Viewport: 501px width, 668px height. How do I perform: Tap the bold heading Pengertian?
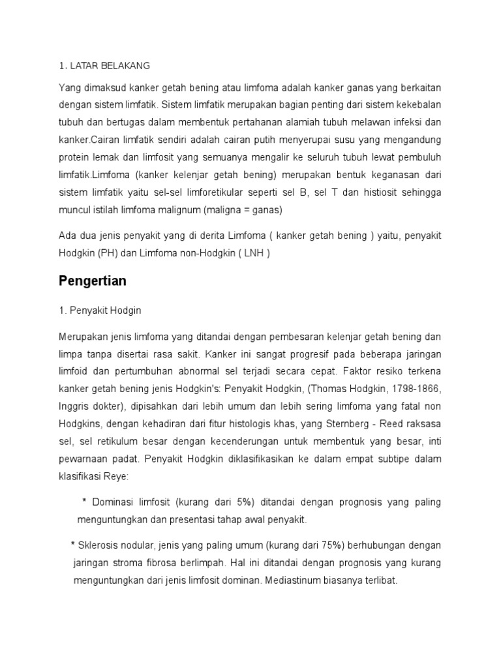click(92, 281)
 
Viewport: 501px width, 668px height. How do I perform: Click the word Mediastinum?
click(294, 580)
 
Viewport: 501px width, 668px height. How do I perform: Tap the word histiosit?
click(382, 192)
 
